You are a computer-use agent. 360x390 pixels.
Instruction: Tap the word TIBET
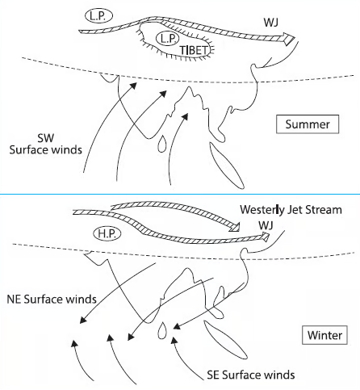pyautogui.click(x=195, y=50)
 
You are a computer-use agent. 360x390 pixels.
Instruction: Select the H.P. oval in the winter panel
pyautogui.click(x=107, y=233)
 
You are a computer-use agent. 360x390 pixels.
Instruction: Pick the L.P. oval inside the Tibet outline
pyautogui.click(x=167, y=39)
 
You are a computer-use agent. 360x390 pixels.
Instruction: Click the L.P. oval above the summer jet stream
pyautogui.click(x=98, y=16)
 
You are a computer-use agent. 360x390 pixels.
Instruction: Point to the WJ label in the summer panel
pyautogui.click(x=271, y=23)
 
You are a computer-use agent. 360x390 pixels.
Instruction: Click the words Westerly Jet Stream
pyautogui.click(x=291, y=210)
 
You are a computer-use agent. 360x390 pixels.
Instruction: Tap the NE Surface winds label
pyautogui.click(x=52, y=299)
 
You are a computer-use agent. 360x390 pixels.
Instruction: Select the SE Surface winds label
pyautogui.click(x=251, y=375)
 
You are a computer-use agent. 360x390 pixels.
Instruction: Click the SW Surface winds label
pyautogui.click(x=46, y=144)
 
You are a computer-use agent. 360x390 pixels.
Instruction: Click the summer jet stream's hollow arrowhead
pyautogui.click(x=288, y=39)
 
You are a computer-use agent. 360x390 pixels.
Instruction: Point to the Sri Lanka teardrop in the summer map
pyautogui.click(x=162, y=144)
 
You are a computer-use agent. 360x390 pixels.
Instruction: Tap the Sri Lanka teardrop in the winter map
pyautogui.click(x=162, y=330)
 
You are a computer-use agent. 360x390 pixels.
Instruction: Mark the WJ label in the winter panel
pyautogui.click(x=266, y=225)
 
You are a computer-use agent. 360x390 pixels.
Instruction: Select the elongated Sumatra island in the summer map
pyautogui.click(x=227, y=166)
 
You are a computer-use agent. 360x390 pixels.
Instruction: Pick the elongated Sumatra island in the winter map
pyautogui.click(x=225, y=340)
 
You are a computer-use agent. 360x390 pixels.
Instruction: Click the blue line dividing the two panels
pyautogui.click(x=180, y=194)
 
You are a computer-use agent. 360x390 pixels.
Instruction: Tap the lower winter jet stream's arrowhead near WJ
pyautogui.click(x=264, y=237)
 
